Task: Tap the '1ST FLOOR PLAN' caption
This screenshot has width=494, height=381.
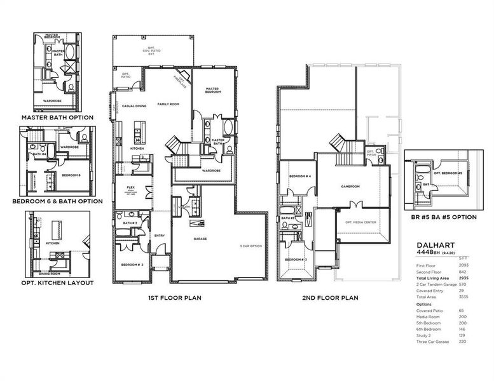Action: pyautogui.click(x=175, y=297)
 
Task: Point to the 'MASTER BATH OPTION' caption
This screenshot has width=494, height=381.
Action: pyautogui.click(x=57, y=117)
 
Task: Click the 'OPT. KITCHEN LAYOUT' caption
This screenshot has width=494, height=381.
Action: pyautogui.click(x=57, y=282)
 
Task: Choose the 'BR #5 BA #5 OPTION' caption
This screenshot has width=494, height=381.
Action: pyautogui.click(x=440, y=217)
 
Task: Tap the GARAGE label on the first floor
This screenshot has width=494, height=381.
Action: pyautogui.click(x=201, y=239)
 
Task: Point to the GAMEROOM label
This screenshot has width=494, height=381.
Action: pyautogui.click(x=350, y=187)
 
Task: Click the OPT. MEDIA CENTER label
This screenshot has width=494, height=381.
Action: pyautogui.click(x=358, y=222)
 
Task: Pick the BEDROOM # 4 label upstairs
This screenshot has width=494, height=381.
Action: pyautogui.click(x=299, y=176)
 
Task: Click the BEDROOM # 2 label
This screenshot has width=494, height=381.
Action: pyautogui.click(x=133, y=264)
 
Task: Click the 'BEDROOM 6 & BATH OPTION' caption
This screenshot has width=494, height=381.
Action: pyautogui.click(x=57, y=201)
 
